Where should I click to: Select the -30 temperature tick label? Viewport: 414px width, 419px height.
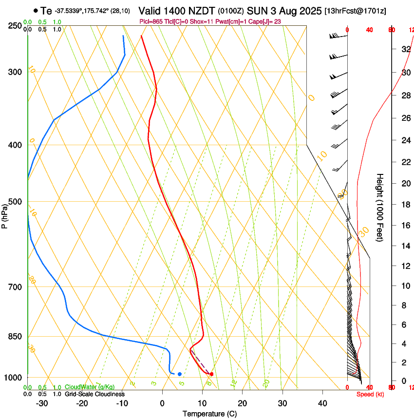pyautogui.click(x=42, y=403)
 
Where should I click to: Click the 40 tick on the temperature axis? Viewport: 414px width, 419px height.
pyautogui.click(x=322, y=403)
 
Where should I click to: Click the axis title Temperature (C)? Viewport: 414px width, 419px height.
pyautogui.click(x=209, y=414)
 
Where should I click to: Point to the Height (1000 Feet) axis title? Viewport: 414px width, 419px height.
pyautogui.click(x=380, y=207)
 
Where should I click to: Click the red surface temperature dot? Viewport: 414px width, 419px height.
pyautogui.click(x=211, y=374)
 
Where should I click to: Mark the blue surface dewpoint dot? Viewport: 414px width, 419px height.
pyautogui.click(x=180, y=374)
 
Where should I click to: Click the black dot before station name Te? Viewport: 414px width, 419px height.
pyautogui.click(x=36, y=10)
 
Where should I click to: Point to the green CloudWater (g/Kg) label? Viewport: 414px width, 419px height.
pyautogui.click(x=90, y=387)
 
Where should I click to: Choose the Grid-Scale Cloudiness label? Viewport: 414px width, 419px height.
pyautogui.click(x=94, y=394)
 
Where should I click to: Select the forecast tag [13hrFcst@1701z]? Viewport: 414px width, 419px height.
pyautogui.click(x=355, y=11)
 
